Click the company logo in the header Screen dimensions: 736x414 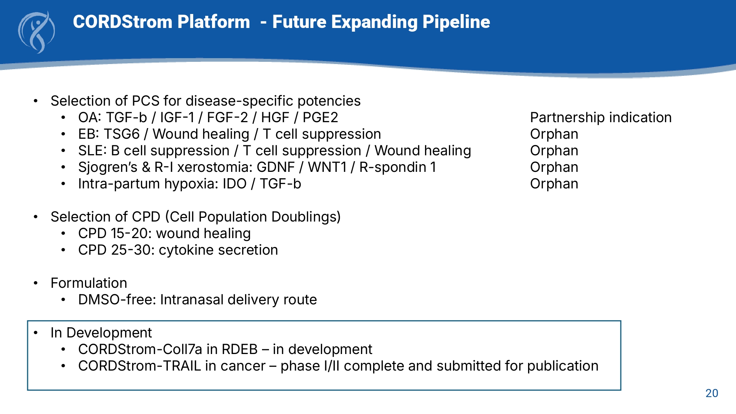pos(36,32)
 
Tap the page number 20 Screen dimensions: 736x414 pos(712,393)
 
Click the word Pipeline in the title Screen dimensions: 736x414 pos(456,22)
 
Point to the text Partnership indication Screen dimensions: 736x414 pos(601,117)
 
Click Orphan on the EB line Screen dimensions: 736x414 pos(554,134)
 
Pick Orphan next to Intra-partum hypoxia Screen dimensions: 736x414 pos(554,184)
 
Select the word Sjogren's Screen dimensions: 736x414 pos(108,167)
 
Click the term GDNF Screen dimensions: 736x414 pos(276,167)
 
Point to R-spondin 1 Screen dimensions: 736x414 pos(398,167)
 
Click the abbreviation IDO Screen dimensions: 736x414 pos(234,184)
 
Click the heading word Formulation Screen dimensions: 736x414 pos(89,283)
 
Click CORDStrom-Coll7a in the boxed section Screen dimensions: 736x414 pos(140,349)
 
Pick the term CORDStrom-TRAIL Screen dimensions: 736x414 pos(140,366)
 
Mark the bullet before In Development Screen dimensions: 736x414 pos(36,333)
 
